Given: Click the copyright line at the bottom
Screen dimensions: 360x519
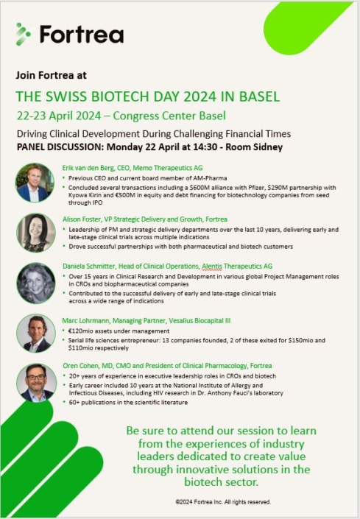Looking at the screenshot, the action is coord(222,502).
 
